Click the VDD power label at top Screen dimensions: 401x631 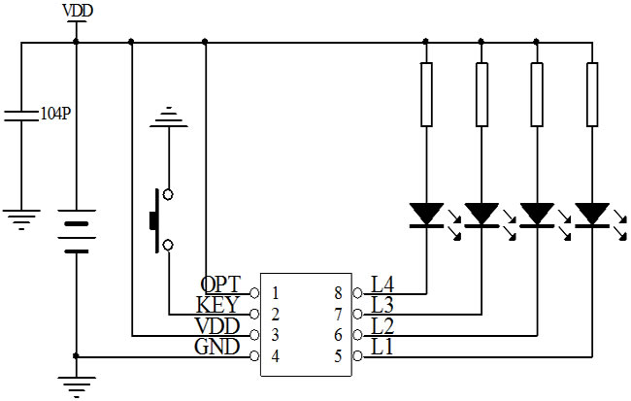tap(77, 11)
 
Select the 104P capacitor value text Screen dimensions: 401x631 tap(54, 114)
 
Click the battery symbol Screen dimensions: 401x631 tap(76, 234)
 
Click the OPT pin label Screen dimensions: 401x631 tap(221, 283)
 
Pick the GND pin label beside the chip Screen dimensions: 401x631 tap(217, 347)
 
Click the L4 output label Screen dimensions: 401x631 tap(382, 284)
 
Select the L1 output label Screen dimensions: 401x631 tap(382, 347)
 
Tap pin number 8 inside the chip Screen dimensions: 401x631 tap(338, 292)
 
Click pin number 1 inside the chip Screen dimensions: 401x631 tap(277, 292)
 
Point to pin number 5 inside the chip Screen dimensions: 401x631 tap(338, 356)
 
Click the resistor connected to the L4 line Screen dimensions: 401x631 tap(425, 94)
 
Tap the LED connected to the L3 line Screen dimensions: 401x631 tap(481, 214)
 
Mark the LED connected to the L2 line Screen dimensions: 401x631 tap(536, 214)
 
